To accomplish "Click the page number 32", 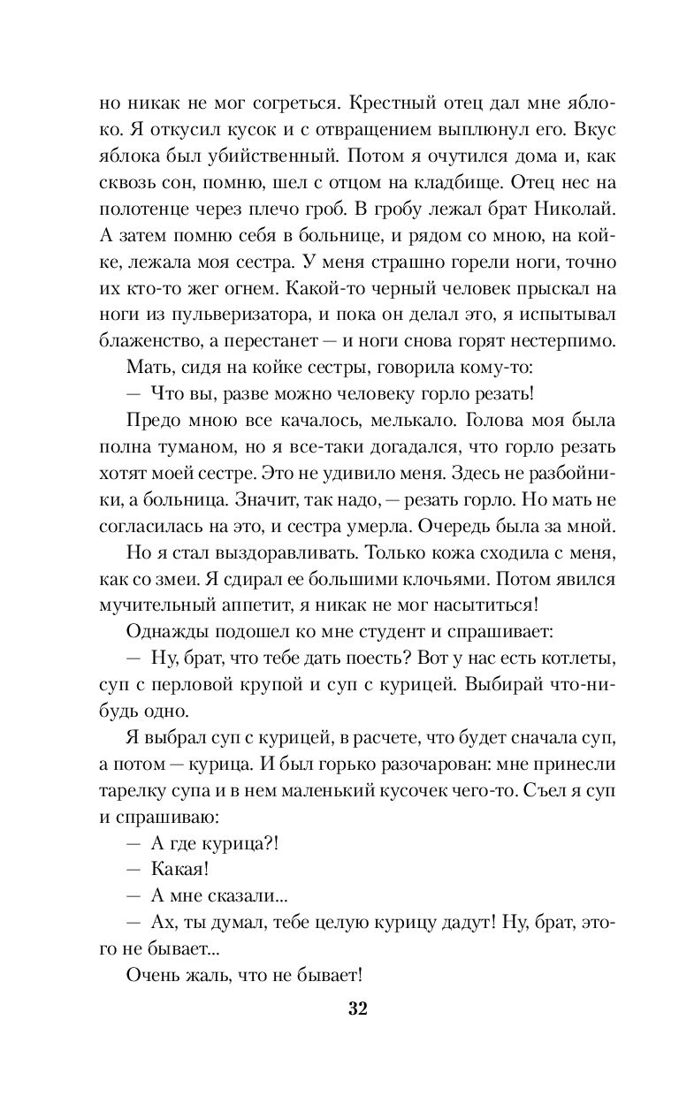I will point(357,1008).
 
